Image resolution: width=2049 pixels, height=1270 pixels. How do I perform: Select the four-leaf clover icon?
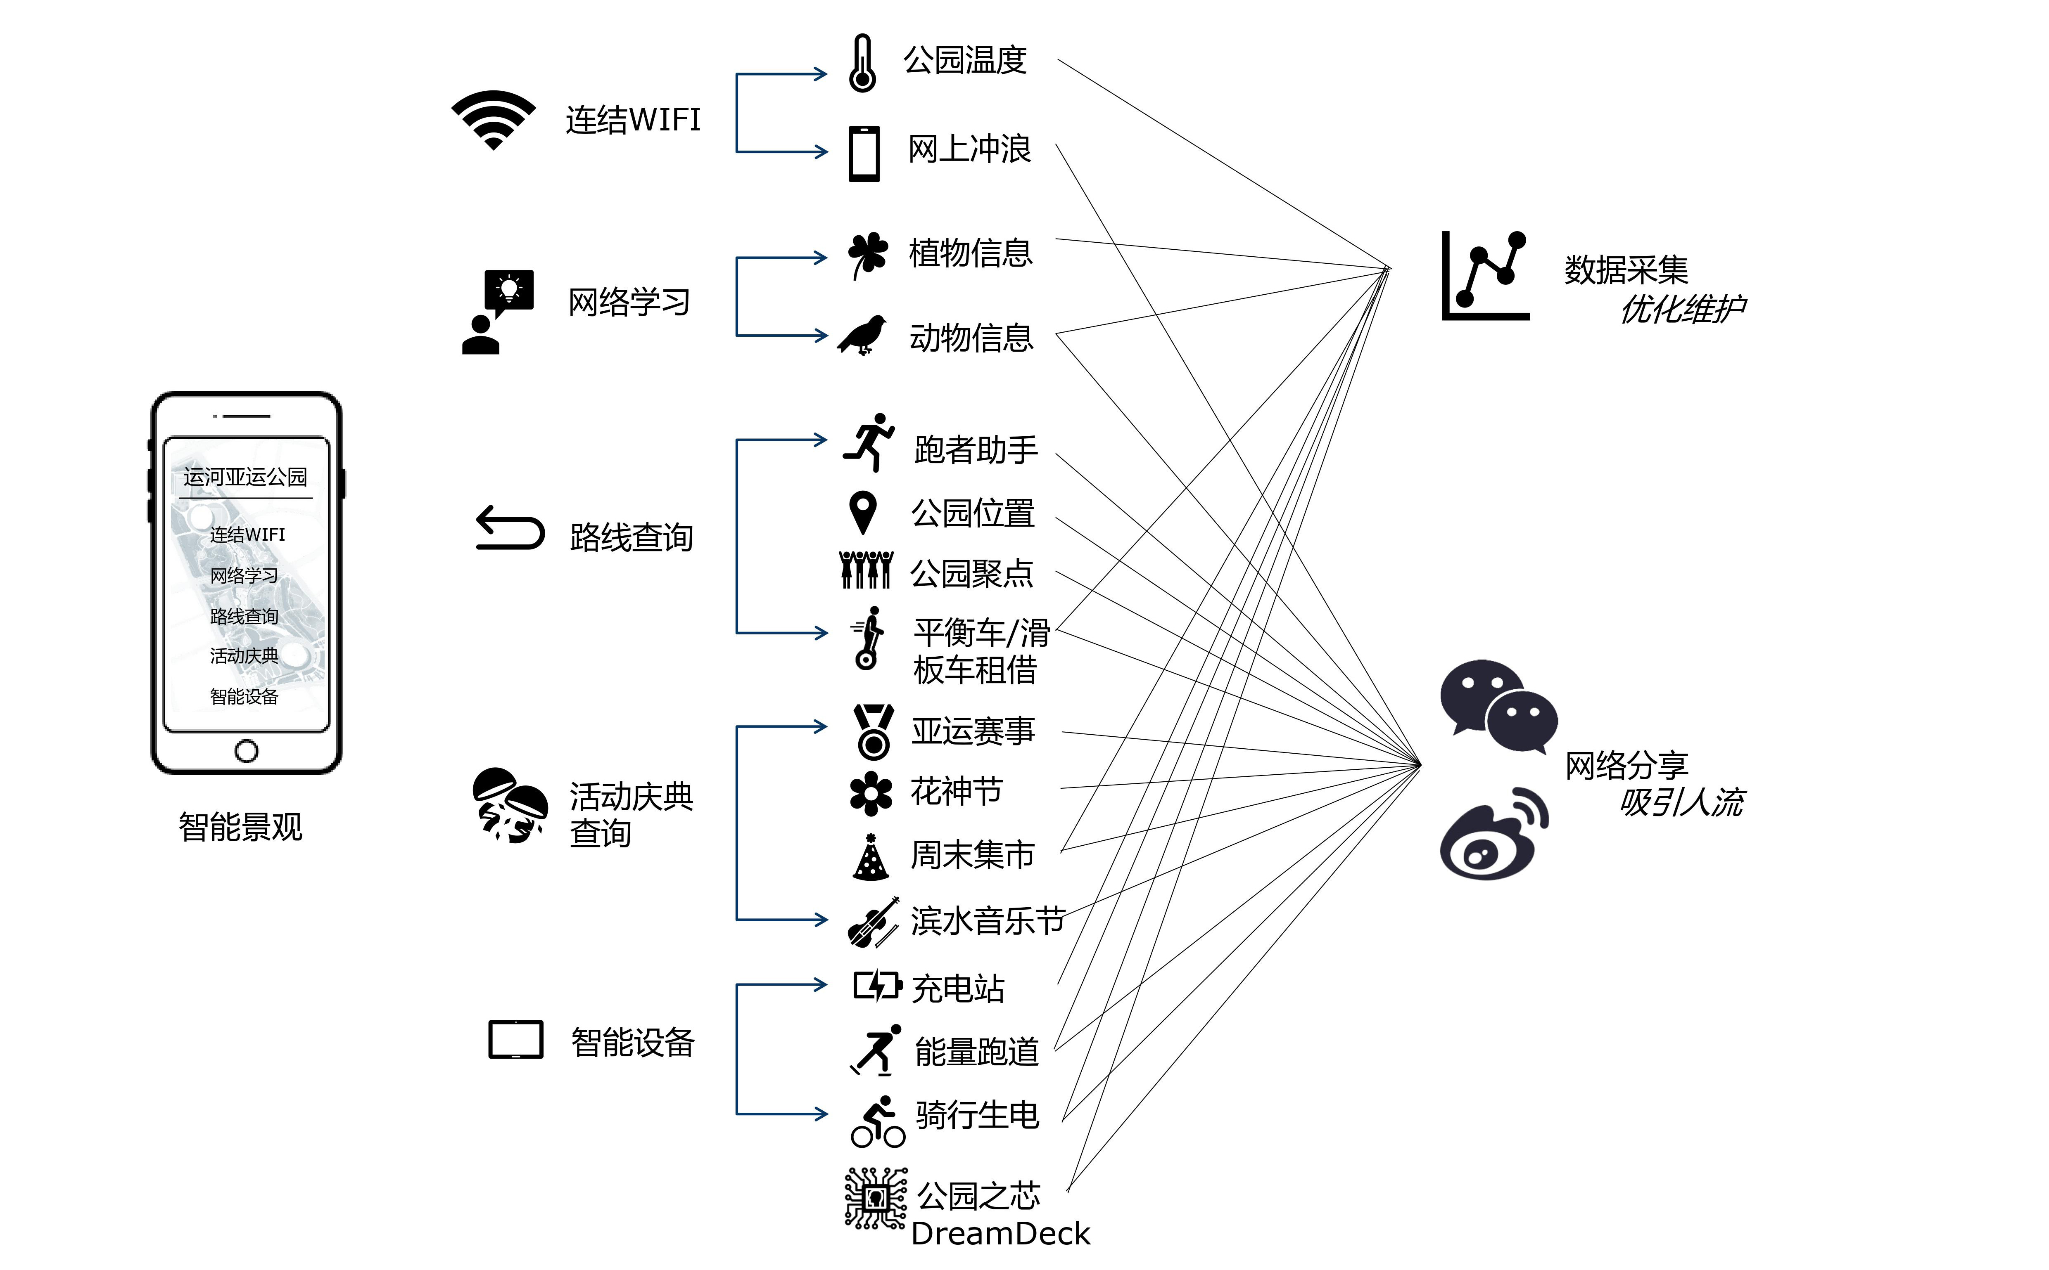tap(867, 254)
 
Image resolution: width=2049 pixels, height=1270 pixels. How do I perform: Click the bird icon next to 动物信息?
tap(863, 335)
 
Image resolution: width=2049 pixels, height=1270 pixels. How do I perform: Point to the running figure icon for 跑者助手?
tap(869, 442)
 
